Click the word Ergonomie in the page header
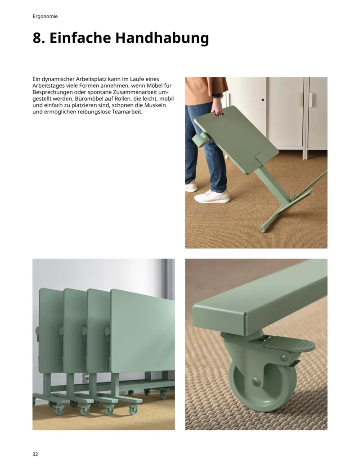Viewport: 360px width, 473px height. coord(45,17)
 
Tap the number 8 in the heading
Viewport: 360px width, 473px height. coord(37,38)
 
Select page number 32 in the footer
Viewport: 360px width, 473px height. coord(36,454)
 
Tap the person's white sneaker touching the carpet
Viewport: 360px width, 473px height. coord(212,196)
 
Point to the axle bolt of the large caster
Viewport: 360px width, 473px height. coord(256,383)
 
